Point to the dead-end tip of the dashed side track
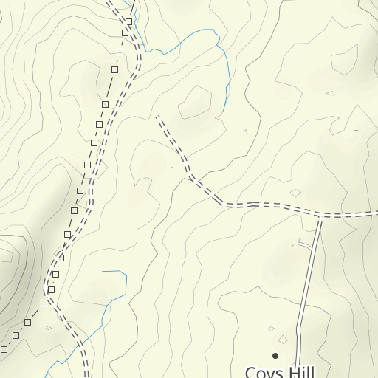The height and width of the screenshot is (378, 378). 157,116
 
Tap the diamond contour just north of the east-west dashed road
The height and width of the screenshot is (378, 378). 296,193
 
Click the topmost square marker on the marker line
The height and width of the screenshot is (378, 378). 128,22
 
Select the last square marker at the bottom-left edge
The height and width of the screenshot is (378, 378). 4,348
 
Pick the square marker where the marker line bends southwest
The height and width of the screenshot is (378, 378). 51,289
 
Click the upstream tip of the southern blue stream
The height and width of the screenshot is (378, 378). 103,271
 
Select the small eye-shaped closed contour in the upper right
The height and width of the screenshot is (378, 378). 330,94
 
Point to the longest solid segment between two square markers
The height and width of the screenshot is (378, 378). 111,87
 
